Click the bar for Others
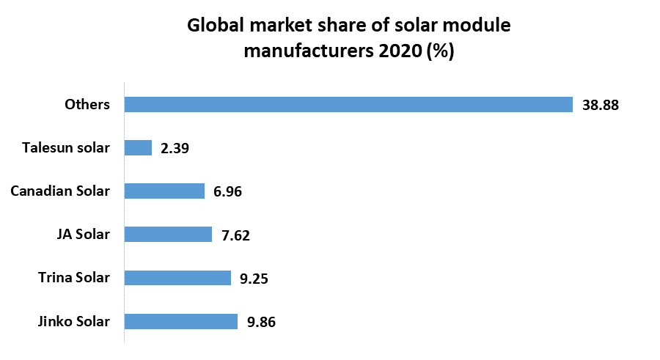coord(348,105)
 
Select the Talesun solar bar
coord(138,148)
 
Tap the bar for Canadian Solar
coord(164,191)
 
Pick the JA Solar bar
coord(168,235)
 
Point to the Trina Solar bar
coord(177,278)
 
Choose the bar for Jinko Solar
coord(180,321)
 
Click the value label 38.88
coord(601,105)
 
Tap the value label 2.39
coord(175,149)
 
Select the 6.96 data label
coord(227,192)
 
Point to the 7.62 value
coord(235,235)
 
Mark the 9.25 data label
coord(254,279)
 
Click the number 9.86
coord(261,322)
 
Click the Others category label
coord(87,105)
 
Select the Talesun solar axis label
coord(66,148)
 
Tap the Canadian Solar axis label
coord(60,191)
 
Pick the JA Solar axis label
coord(83,235)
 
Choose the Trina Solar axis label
coord(74,278)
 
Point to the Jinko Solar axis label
coord(73,321)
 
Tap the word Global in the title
coord(215,26)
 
